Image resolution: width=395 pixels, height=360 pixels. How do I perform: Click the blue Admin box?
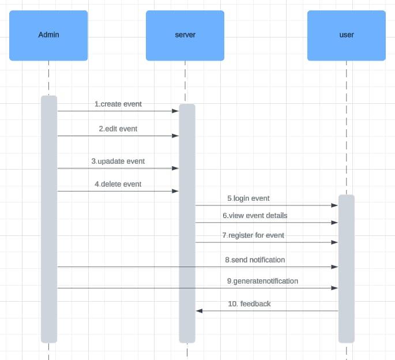[x=48, y=36]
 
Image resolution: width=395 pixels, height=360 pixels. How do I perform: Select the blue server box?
[x=185, y=36]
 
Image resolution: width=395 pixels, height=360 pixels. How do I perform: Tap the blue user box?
[x=347, y=36]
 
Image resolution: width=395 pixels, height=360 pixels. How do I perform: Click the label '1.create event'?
[x=118, y=104]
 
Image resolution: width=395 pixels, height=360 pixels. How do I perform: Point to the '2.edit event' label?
[x=118, y=129]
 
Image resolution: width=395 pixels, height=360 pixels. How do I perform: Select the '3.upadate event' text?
[x=118, y=162]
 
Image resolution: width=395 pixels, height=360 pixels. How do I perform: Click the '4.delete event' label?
[x=118, y=184]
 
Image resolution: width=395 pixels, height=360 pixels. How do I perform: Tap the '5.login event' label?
[x=249, y=198]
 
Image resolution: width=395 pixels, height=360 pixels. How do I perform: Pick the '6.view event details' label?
[x=255, y=216]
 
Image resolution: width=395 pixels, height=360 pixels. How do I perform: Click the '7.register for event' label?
[x=253, y=235]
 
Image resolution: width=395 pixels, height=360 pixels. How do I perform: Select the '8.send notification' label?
[x=255, y=260]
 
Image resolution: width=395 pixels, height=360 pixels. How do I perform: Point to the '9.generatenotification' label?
[x=262, y=281]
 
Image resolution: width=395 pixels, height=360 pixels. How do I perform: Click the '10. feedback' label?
[x=249, y=304]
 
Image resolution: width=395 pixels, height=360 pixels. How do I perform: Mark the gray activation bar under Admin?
[x=49, y=219]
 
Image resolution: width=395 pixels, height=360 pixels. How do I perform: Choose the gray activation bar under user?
[x=347, y=269]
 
